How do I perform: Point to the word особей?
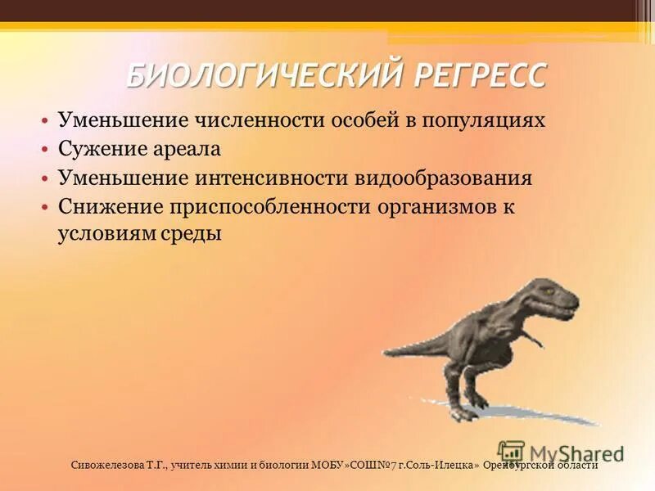[x=364, y=121]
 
